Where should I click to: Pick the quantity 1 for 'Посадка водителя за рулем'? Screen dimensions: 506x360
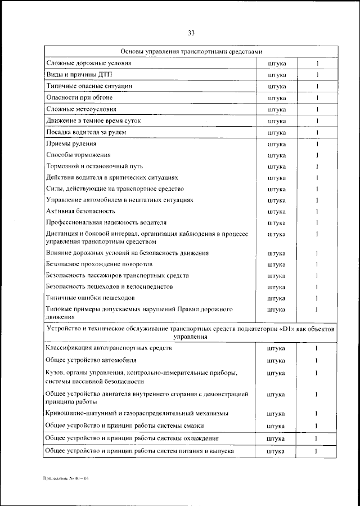pyautogui.click(x=317, y=133)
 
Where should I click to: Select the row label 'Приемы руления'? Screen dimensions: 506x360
pyautogui.click(x=71, y=144)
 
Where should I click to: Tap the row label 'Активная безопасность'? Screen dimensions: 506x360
pyautogui.click(x=80, y=211)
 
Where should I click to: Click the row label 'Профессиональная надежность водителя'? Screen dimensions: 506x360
pyautogui.click(x=106, y=222)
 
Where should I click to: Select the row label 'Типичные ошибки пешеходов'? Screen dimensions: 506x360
pyautogui.click(x=90, y=298)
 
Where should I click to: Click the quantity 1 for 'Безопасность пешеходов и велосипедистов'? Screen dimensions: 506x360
pyautogui.click(x=317, y=286)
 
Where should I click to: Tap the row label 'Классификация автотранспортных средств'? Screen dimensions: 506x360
pyautogui.click(x=109, y=348)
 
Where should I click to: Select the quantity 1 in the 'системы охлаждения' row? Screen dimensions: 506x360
pyautogui.click(x=317, y=438)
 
